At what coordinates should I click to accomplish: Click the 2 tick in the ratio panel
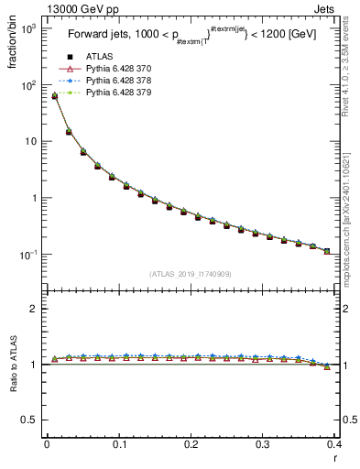coord(33,309)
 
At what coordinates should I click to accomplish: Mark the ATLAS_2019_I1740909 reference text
coord(190,274)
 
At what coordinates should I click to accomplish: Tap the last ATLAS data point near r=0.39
coord(327,251)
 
